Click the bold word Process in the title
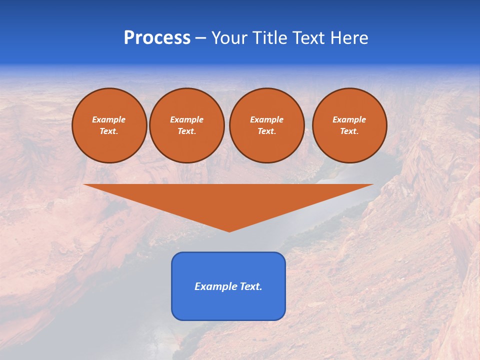click(157, 38)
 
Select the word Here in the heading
click(348, 38)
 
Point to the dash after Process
click(201, 39)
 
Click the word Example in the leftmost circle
click(109, 119)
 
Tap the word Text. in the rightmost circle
click(349, 131)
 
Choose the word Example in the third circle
click(266, 119)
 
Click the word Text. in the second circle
click(186, 131)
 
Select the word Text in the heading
click(309, 38)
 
